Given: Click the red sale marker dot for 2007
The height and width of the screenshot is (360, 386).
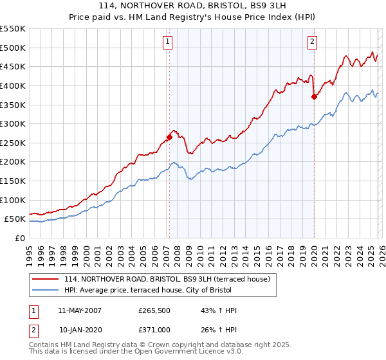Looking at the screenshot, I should tap(169, 136).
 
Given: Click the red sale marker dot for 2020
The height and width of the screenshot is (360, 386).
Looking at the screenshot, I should tap(314, 97).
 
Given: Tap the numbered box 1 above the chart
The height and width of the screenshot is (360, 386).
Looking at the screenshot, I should tap(167, 42).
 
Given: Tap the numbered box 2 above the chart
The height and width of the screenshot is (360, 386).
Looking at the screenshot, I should tap(312, 42).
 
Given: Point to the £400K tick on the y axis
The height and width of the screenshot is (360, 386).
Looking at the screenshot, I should tap(13, 85).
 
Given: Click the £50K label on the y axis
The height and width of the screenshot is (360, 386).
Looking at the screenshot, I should tap(15, 219).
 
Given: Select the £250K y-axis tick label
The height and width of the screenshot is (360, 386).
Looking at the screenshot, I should tap(13, 143).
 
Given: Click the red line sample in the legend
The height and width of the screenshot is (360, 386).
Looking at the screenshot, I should tap(46, 279).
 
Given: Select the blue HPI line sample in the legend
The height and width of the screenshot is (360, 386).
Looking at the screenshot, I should tap(46, 291).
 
